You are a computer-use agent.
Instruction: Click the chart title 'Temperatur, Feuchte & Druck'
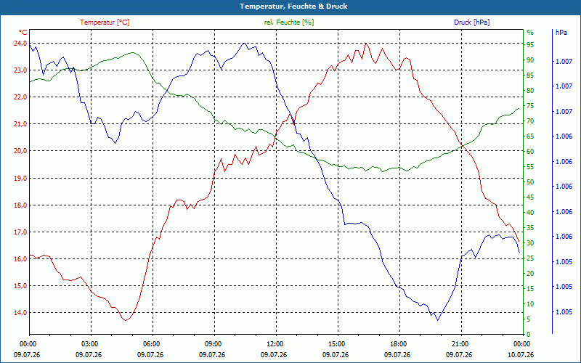[293, 7]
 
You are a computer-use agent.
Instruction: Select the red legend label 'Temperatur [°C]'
[105, 23]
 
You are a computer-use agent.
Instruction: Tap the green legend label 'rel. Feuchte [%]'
[288, 23]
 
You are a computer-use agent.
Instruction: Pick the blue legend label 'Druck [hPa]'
[471, 23]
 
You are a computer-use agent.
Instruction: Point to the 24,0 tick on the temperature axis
[20, 44]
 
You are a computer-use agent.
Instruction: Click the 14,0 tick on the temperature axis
[20, 313]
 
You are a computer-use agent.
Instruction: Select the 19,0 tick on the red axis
[20, 178]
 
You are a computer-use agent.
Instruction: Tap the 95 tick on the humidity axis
[530, 45]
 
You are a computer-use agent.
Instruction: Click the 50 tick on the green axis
[530, 182]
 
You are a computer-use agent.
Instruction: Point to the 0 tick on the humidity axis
[529, 334]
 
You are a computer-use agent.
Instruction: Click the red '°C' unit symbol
[23, 32]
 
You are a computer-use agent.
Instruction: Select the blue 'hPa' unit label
[561, 32]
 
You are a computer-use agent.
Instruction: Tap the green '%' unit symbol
[530, 33]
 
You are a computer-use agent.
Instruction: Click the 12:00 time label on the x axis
[274, 343]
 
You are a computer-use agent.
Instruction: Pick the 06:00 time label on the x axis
[150, 343]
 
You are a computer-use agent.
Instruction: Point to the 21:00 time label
[459, 343]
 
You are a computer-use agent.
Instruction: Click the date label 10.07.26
[521, 355]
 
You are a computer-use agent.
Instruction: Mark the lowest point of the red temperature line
[126, 320]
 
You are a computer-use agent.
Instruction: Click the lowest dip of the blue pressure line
[438, 320]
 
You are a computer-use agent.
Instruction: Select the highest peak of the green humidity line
[133, 52]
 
